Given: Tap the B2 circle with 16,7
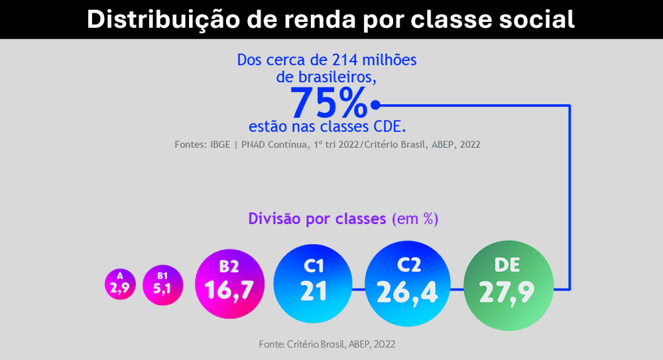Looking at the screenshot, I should [230, 284].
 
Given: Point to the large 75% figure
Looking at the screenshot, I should [328, 104].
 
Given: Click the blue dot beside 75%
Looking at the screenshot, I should [376, 104].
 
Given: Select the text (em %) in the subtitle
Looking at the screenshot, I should [415, 219].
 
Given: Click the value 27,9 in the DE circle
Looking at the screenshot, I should [507, 293].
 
